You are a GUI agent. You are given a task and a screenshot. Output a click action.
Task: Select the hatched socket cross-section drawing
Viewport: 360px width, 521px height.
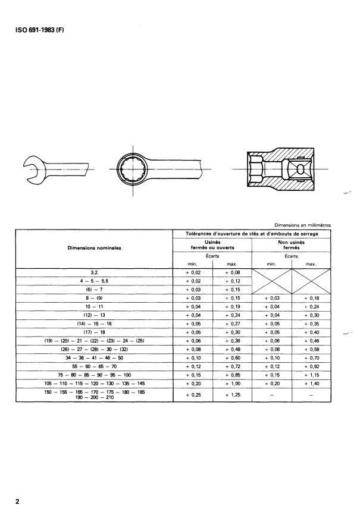point(279,169)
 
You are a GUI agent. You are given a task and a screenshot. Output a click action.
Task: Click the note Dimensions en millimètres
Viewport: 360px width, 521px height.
point(303,225)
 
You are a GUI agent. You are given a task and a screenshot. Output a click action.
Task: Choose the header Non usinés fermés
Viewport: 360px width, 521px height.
point(292,244)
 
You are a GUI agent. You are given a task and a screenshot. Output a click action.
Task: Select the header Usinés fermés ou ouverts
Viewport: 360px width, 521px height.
point(212,244)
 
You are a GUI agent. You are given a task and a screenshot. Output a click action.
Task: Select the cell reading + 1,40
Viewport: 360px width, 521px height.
point(311,385)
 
